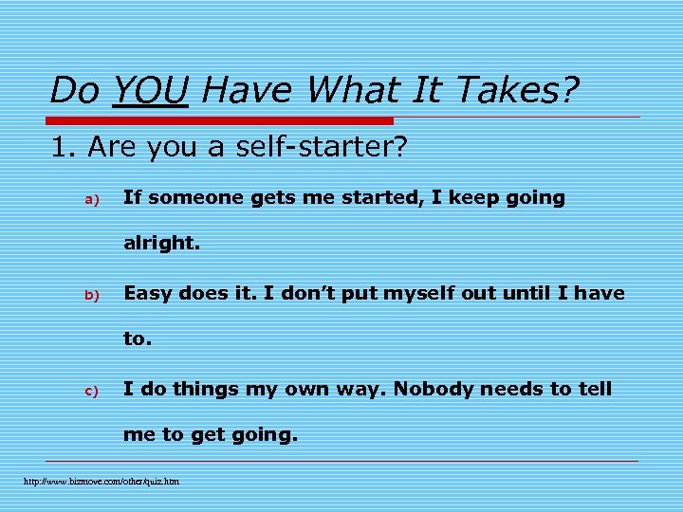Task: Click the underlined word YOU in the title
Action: [150, 91]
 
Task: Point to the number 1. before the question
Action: [64, 148]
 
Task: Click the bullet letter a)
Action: [92, 199]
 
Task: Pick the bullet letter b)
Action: [92, 295]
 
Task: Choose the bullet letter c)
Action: [92, 390]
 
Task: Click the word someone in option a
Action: [195, 198]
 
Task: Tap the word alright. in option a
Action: [162, 244]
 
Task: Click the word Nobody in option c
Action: [433, 389]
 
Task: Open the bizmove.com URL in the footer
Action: [102, 482]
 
